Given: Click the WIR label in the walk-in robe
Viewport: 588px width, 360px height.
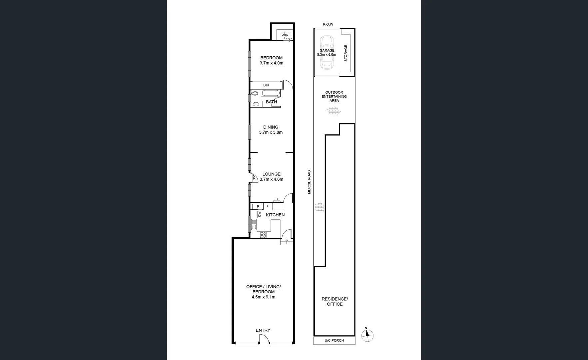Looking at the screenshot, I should click(285, 35).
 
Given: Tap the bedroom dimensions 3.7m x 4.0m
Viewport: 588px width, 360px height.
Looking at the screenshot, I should click(271, 63).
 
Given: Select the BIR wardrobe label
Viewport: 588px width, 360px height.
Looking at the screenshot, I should click(266, 85).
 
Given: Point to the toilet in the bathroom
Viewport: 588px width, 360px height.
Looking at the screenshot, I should click(255, 94).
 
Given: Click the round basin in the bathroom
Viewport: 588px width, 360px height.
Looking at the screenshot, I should click(256, 104).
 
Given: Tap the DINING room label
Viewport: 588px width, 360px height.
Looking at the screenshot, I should click(271, 127).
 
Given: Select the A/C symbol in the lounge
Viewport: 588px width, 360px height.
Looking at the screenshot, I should click(254, 178).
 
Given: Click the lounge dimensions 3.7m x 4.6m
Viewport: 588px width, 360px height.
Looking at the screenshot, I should click(271, 179).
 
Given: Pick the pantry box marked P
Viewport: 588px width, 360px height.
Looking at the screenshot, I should click(258, 207).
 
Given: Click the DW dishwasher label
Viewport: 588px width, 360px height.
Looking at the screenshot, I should click(259, 214).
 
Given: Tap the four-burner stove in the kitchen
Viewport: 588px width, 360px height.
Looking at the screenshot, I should click(263, 235).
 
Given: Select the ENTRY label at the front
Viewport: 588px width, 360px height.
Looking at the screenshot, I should click(263, 330).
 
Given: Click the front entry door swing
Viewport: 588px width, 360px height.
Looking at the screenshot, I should click(264, 339).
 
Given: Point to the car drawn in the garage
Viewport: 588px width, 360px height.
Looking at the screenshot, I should click(327, 52).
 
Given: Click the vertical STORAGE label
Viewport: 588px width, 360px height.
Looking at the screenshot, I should click(345, 53).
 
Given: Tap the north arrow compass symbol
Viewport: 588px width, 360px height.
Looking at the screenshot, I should click(367, 335).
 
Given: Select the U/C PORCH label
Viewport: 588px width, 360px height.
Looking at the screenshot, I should click(334, 340).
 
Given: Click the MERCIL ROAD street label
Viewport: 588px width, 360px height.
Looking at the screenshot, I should click(309, 182).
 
